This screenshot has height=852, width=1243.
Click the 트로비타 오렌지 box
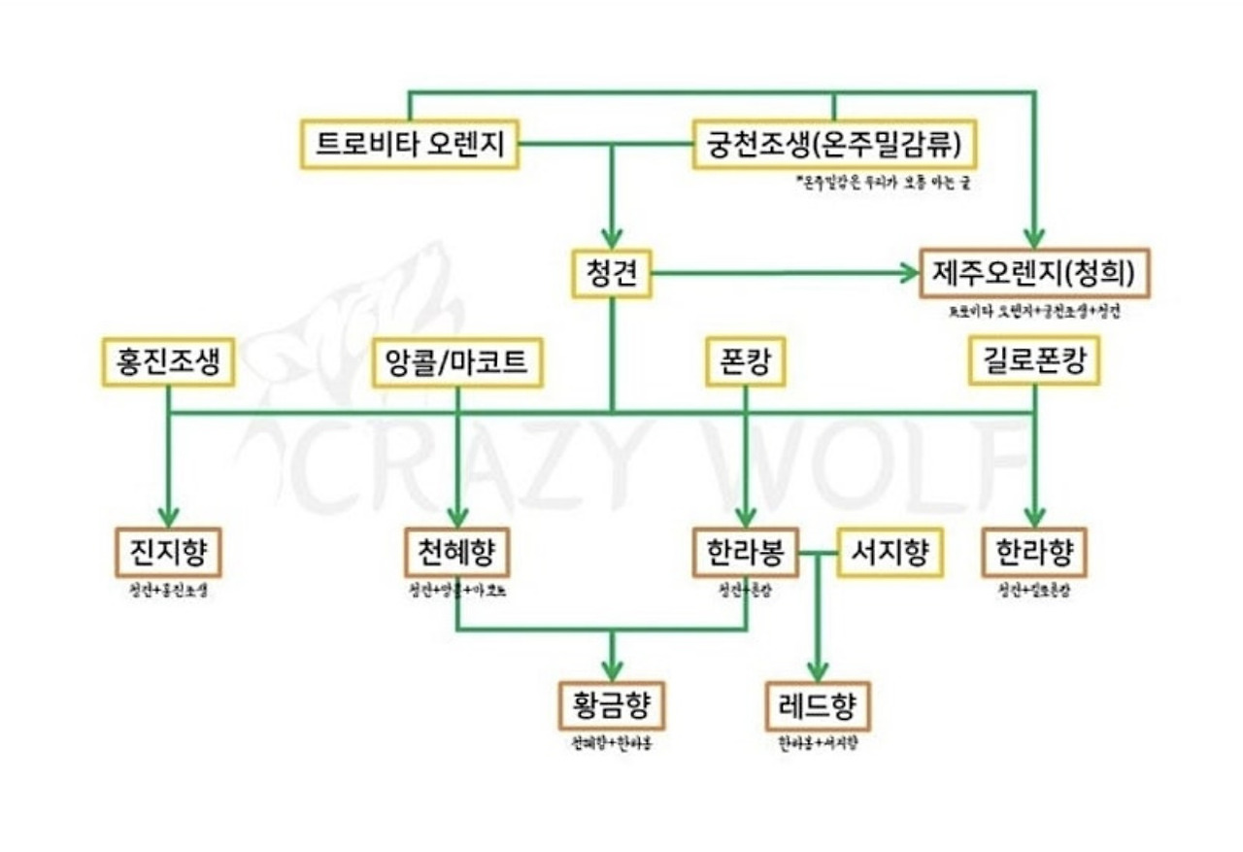tap(409, 145)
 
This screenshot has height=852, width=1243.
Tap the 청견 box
tap(611, 273)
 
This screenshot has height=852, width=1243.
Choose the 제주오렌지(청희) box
tap(1034, 273)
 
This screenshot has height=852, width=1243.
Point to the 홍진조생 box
tap(169, 362)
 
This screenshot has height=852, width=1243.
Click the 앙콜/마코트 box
tap(456, 362)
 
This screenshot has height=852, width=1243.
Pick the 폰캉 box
tap(745, 362)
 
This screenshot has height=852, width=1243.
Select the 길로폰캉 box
tap(1034, 362)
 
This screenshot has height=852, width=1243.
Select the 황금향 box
tap(611, 706)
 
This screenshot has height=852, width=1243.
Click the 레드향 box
tap(818, 706)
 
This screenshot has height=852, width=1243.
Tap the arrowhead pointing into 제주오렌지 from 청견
tap(907, 273)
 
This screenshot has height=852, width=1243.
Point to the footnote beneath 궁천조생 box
tap(881, 182)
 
